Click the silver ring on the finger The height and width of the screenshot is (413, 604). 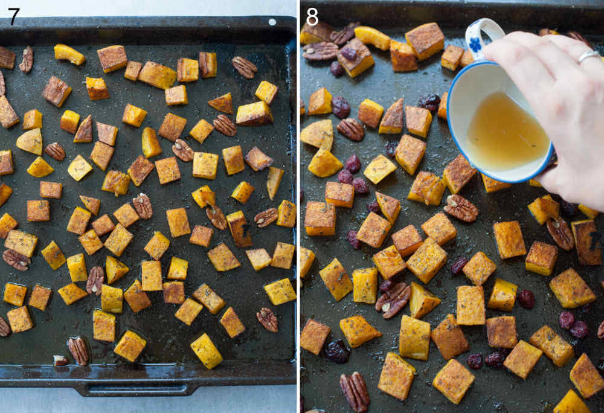(x=588, y=56)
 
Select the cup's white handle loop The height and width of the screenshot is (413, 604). (x=486, y=36)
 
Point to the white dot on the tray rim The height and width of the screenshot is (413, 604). (x=272, y=22)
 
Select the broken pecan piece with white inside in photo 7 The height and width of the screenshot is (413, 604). (x=60, y=360)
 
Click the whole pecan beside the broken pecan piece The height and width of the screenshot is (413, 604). (x=78, y=350)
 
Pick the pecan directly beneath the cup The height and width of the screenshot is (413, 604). (x=461, y=208)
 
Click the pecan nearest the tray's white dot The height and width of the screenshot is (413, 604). (x=244, y=67)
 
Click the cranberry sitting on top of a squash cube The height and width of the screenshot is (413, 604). (x=349, y=53)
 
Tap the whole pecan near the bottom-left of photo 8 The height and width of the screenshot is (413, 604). (x=355, y=391)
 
